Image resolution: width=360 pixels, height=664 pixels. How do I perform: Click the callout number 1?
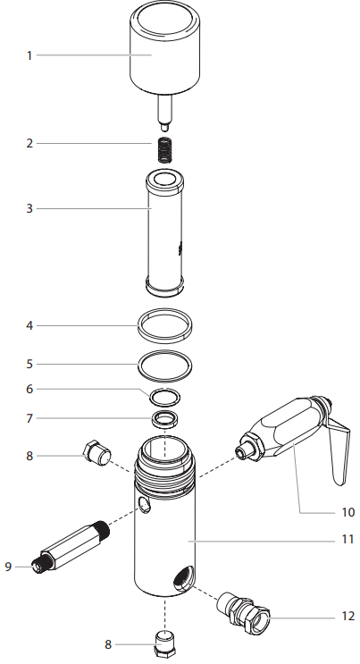coord(29,55)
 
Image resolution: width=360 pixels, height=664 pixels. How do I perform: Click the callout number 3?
coord(29,209)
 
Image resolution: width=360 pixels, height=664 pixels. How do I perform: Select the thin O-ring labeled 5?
coord(165,365)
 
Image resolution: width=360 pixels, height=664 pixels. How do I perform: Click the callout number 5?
coord(29,364)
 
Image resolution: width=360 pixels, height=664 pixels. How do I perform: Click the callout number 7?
coord(29,418)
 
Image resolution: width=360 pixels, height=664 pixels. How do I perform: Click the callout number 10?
coord(347,512)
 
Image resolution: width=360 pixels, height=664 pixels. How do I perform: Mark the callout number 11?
coord(347,539)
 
